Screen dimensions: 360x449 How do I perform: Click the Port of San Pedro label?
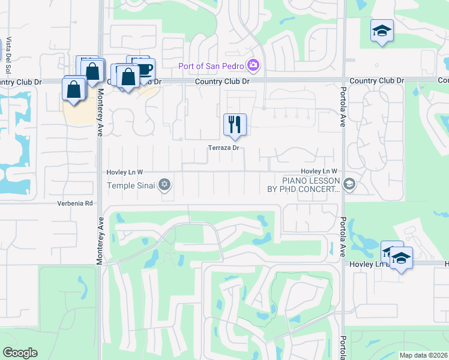coord(211,65)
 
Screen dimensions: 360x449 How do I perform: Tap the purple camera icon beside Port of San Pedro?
coord(253,64)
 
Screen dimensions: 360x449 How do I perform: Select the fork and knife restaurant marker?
coord(235,125)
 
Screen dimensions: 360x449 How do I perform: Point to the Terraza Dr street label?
coord(224,148)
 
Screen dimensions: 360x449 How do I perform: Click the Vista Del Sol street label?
coord(9,53)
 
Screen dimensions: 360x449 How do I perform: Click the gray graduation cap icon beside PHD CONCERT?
coord(350,184)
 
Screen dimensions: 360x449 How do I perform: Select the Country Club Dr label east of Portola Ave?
coord(376,80)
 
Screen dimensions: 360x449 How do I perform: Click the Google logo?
coord(20,353)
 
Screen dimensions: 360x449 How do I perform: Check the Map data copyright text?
coord(423,355)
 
